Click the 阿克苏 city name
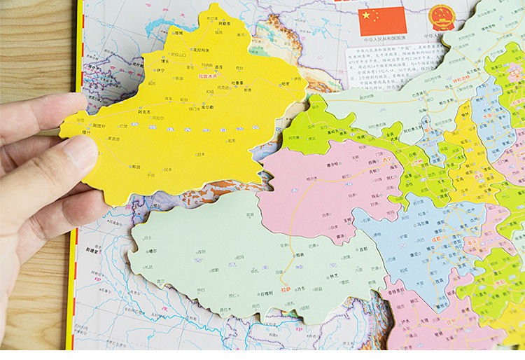(x=144, y=111)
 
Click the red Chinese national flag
(x=382, y=21)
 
